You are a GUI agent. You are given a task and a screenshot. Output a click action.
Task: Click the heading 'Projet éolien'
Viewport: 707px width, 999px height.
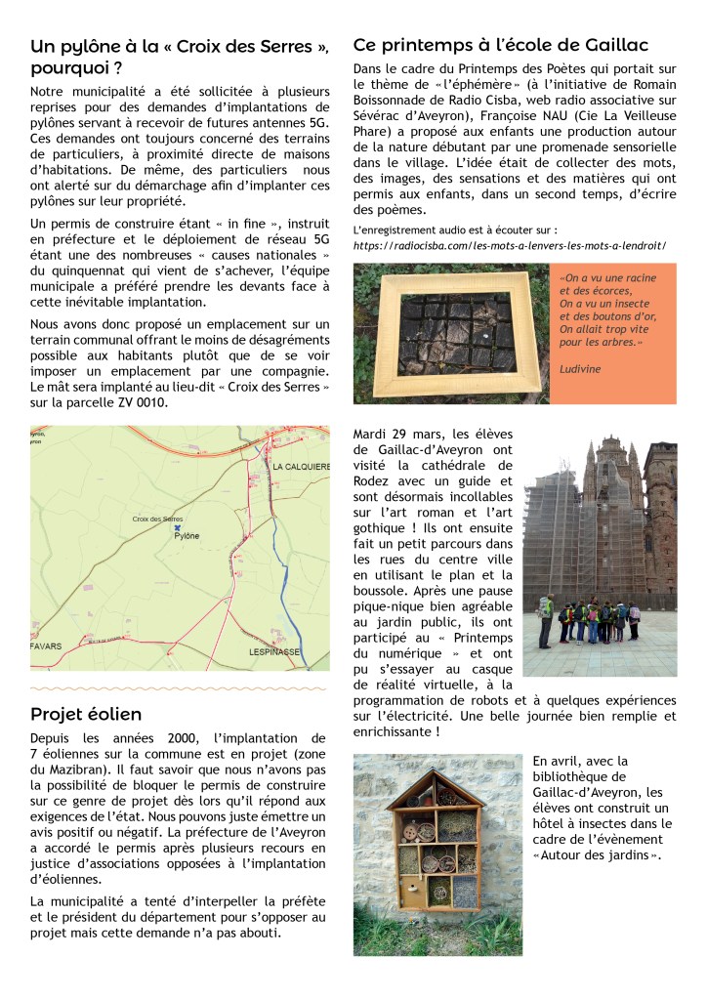(x=86, y=715)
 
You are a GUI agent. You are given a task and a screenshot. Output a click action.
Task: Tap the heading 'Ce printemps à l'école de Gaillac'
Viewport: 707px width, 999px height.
(x=500, y=45)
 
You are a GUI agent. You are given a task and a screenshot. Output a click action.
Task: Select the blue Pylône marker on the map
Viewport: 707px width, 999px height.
(x=177, y=526)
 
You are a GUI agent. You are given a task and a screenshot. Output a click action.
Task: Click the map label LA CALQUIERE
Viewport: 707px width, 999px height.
(x=301, y=467)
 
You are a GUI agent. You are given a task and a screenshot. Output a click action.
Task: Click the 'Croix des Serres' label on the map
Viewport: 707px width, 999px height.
(x=158, y=519)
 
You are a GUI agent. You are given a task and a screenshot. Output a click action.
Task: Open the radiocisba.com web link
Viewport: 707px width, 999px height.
(x=509, y=246)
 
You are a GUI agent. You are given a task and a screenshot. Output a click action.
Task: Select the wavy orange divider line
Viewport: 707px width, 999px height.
(x=180, y=688)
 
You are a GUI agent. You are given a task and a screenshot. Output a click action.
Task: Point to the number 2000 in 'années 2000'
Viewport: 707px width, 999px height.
(x=146, y=738)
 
